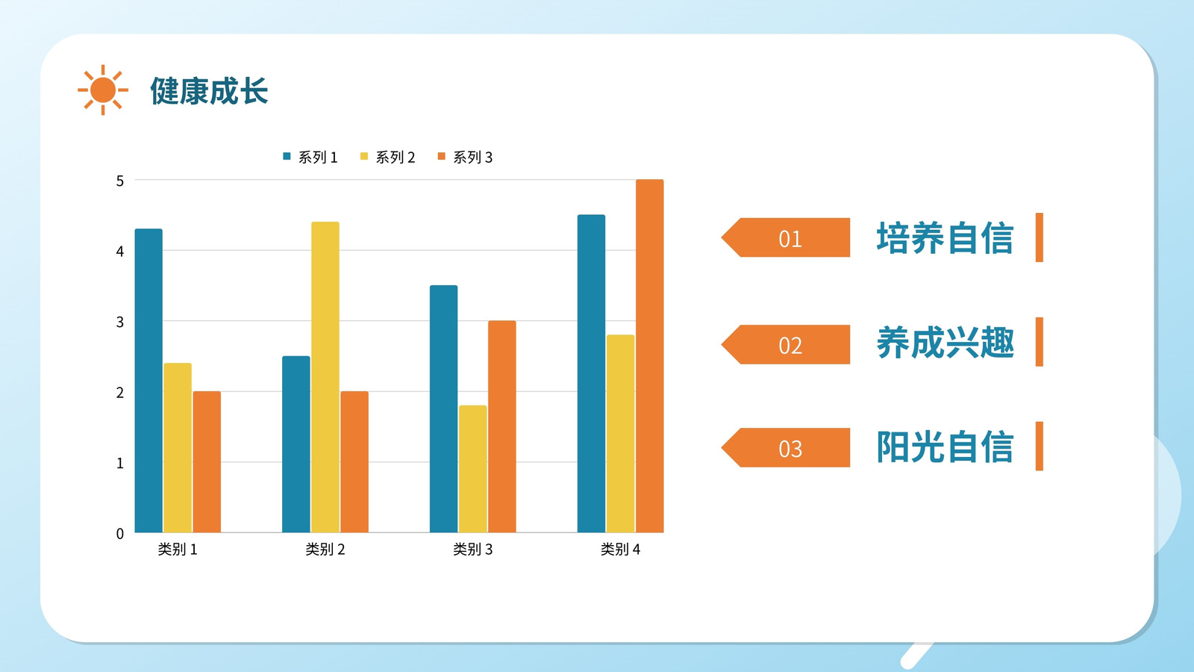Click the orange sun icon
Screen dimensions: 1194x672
tap(103, 90)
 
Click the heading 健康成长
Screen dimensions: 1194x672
tap(209, 90)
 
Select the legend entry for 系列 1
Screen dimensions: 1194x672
tap(310, 158)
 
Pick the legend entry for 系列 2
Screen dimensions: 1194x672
tap(387, 158)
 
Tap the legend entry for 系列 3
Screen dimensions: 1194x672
tap(465, 158)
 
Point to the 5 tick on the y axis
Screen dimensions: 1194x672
tap(120, 181)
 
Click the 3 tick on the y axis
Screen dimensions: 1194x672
tap(120, 322)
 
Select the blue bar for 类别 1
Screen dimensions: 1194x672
tap(149, 381)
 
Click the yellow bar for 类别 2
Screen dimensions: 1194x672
tap(325, 377)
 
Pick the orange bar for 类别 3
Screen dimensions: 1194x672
tap(502, 426)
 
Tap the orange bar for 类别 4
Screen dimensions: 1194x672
tap(650, 355)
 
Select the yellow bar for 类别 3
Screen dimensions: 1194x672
tap(473, 469)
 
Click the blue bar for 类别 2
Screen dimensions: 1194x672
tap(296, 444)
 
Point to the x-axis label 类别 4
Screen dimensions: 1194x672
tap(620, 550)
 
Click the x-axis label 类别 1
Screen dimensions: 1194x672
tap(178, 550)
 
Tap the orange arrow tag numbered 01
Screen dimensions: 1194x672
tap(786, 237)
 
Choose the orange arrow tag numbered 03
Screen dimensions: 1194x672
tap(786, 447)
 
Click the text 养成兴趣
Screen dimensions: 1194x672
tap(945, 343)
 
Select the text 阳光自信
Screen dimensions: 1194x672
tap(945, 447)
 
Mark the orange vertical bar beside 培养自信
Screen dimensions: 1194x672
tap(1040, 237)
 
